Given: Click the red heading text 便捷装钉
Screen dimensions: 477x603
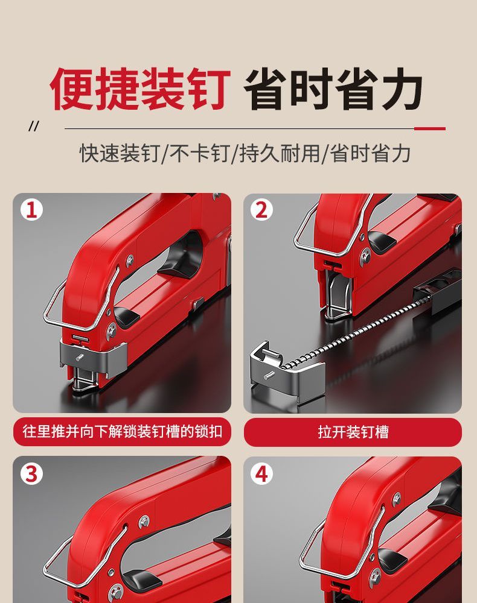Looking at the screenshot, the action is pyautogui.click(x=140, y=89).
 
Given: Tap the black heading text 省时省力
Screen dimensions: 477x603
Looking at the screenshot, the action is pyautogui.click(x=334, y=89).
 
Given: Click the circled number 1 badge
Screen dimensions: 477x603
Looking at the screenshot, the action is pyautogui.click(x=31, y=210).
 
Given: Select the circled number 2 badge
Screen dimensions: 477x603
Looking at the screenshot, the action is pyautogui.click(x=261, y=210).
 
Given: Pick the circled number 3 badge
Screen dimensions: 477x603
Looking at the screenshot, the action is pyautogui.click(x=31, y=473).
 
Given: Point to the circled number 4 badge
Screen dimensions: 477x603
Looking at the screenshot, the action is pyautogui.click(x=261, y=473).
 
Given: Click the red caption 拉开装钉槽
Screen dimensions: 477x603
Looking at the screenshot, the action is pyautogui.click(x=353, y=432).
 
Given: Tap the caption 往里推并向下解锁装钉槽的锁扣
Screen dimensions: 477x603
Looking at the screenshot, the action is pyautogui.click(x=123, y=431).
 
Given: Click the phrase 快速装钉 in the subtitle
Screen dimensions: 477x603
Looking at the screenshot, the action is pyautogui.click(x=120, y=153).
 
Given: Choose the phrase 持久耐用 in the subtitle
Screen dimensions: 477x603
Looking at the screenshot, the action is pyautogui.click(x=280, y=153).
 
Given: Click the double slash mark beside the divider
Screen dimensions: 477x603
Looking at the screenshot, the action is pyautogui.click(x=34, y=126).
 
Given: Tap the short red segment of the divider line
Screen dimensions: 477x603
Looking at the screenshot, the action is pyautogui.click(x=430, y=129).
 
